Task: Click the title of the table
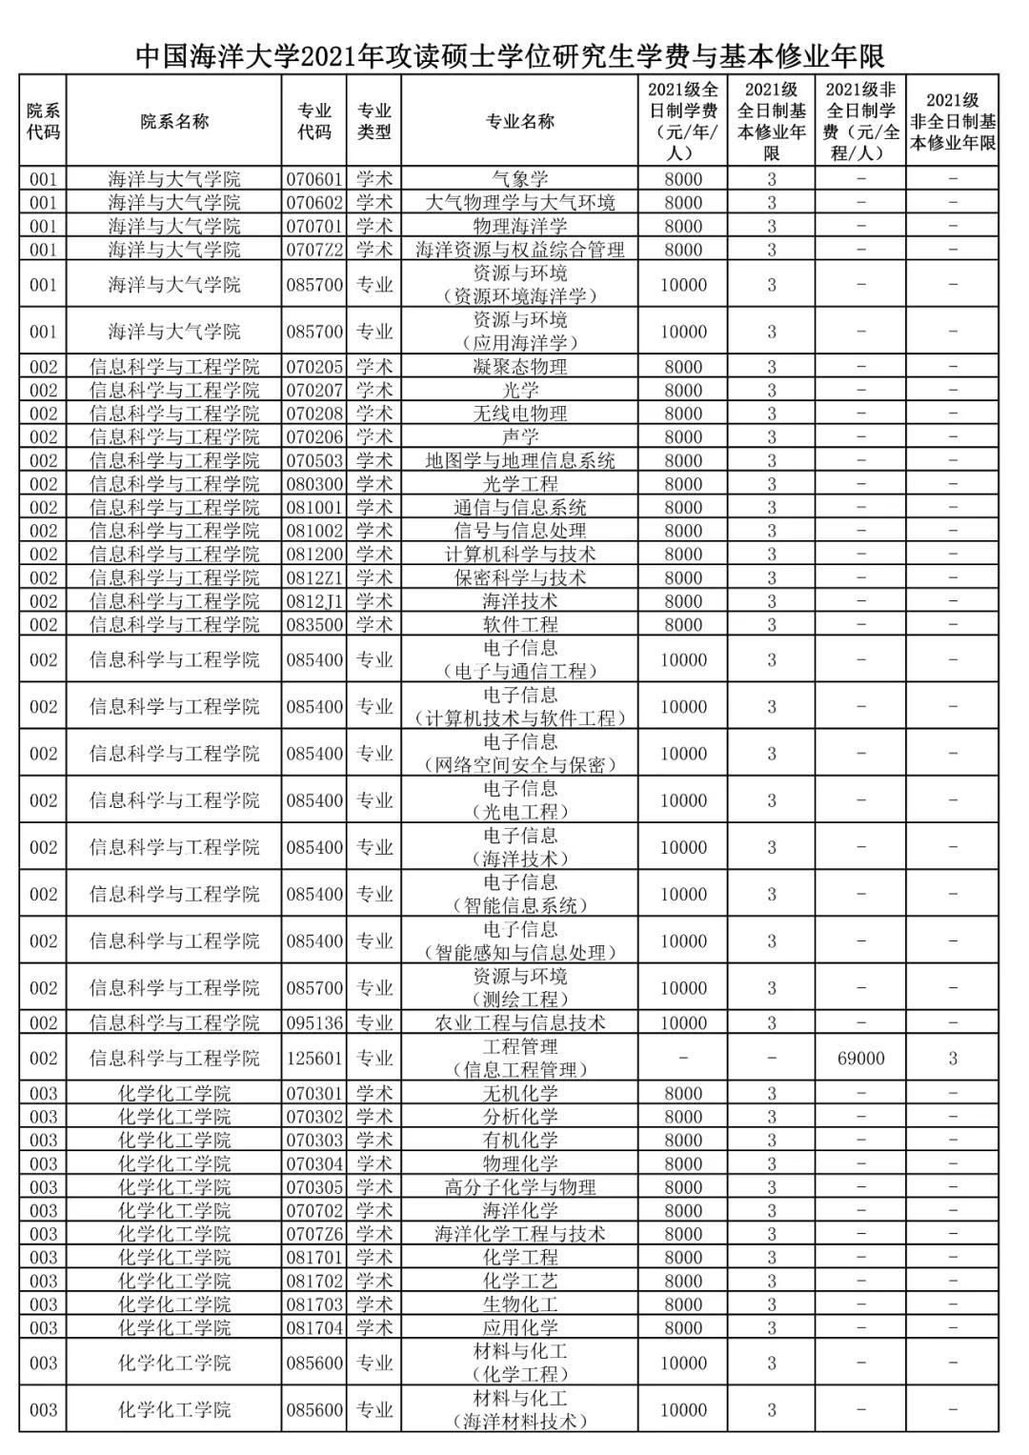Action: click(511, 54)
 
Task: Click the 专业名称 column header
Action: click(519, 121)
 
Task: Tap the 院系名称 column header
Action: click(173, 121)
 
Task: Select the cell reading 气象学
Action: click(519, 178)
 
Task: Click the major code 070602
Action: click(314, 202)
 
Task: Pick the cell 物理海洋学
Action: click(519, 226)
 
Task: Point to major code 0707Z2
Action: click(314, 250)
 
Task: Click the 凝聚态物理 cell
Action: click(519, 367)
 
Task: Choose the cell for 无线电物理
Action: click(519, 414)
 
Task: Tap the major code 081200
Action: click(314, 555)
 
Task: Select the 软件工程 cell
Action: click(519, 625)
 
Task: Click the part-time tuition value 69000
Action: click(860, 1059)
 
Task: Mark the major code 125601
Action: click(314, 1059)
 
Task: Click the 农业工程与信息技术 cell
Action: click(519, 1023)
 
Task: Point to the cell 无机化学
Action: click(519, 1094)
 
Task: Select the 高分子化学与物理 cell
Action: click(519, 1187)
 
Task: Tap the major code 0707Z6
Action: click(314, 1234)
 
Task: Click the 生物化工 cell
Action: click(519, 1304)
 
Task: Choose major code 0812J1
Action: click(314, 601)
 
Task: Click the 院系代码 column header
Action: click(43, 121)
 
